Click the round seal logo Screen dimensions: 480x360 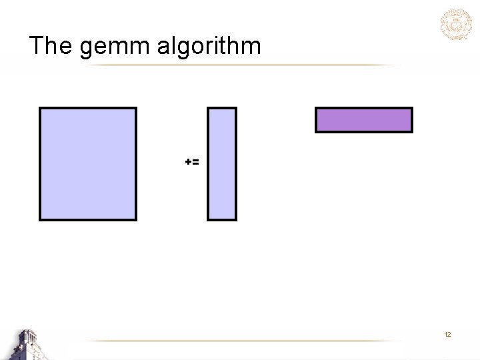point(456,25)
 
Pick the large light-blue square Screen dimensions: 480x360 point(88,164)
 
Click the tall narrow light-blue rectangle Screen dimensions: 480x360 point(222,164)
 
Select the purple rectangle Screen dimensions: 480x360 point(364,120)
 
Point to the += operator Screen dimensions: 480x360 point(192,162)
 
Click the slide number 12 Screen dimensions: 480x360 point(447,334)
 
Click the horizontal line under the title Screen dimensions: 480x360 point(240,65)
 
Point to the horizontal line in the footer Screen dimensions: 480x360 point(247,341)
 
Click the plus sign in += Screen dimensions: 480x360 point(188,162)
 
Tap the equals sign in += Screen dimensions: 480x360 point(195,162)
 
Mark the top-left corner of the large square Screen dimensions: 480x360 point(40,108)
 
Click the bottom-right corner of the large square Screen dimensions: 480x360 point(135,219)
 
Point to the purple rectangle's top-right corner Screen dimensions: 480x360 point(411,109)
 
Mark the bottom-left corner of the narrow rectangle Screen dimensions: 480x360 point(208,219)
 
